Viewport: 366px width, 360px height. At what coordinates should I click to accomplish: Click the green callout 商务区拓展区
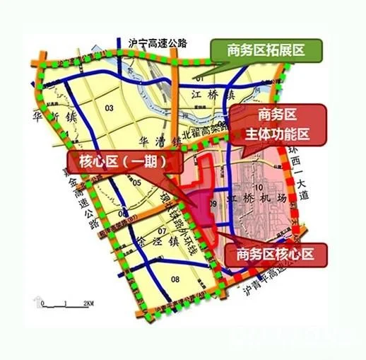coord(266,51)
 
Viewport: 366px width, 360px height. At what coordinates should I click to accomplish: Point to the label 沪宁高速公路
coord(158,42)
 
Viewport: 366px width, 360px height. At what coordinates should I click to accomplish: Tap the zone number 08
coord(175,280)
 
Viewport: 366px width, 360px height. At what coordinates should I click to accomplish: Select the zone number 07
coord(162,231)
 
